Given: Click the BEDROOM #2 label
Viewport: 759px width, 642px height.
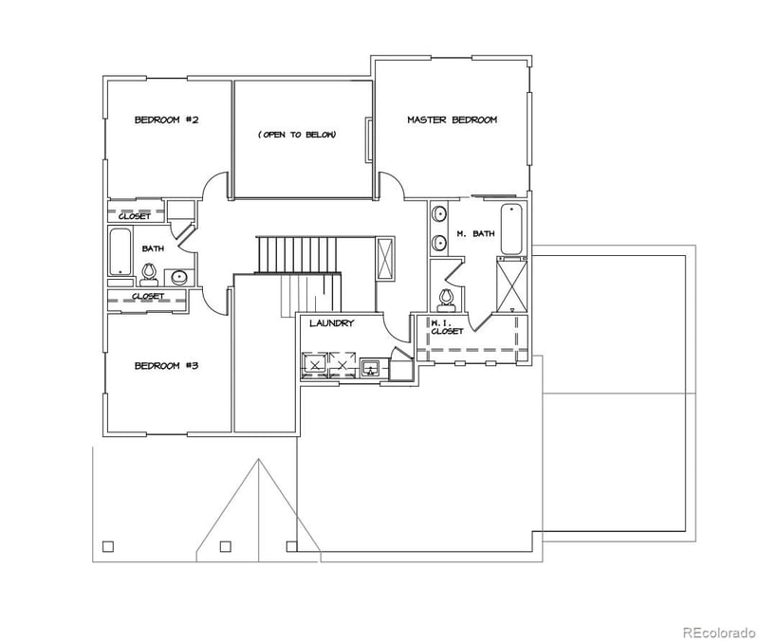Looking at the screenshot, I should pos(165,119).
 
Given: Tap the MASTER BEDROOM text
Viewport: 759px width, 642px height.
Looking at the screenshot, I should pos(452,119).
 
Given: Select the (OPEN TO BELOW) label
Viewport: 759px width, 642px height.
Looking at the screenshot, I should pos(297,135).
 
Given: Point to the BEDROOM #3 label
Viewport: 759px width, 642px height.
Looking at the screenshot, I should pos(165,365).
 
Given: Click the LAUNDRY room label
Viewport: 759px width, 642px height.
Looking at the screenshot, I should pos(331,323).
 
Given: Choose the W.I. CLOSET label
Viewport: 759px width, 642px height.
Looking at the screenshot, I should pos(447,327).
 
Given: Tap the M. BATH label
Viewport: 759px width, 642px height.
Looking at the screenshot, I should pos(474,233).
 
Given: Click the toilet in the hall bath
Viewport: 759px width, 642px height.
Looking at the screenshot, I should pos(148,273).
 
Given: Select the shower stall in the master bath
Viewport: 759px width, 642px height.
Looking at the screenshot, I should pos(511,284).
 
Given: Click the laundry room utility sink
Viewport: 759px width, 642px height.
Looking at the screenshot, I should pos(371,367).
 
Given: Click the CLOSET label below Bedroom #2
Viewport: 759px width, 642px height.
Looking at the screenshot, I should pos(135,215).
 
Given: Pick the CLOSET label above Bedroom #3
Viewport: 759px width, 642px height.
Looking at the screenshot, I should pos(148,297).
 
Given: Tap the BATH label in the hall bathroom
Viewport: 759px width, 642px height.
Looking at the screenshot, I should pos(152,248).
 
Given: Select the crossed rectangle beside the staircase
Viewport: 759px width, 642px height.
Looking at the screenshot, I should pos(386,257).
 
